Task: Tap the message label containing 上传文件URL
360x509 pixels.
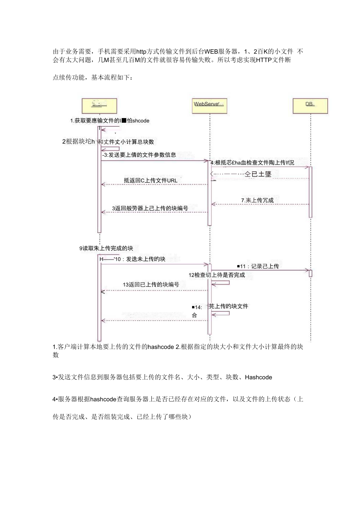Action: click(x=151, y=180)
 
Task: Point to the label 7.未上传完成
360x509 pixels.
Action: click(x=257, y=200)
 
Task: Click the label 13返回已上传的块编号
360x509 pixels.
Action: click(x=151, y=285)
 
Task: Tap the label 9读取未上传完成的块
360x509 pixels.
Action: click(x=108, y=248)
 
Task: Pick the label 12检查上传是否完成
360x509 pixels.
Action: click(x=216, y=275)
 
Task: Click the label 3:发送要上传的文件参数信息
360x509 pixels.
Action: click(x=139, y=155)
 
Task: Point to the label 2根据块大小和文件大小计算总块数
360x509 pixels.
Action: click(x=110, y=142)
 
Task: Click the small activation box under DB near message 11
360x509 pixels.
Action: click(x=310, y=273)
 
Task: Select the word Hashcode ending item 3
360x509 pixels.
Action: click(x=258, y=378)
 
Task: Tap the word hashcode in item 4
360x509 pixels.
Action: click(x=103, y=399)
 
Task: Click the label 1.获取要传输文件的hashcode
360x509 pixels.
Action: click(x=110, y=121)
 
